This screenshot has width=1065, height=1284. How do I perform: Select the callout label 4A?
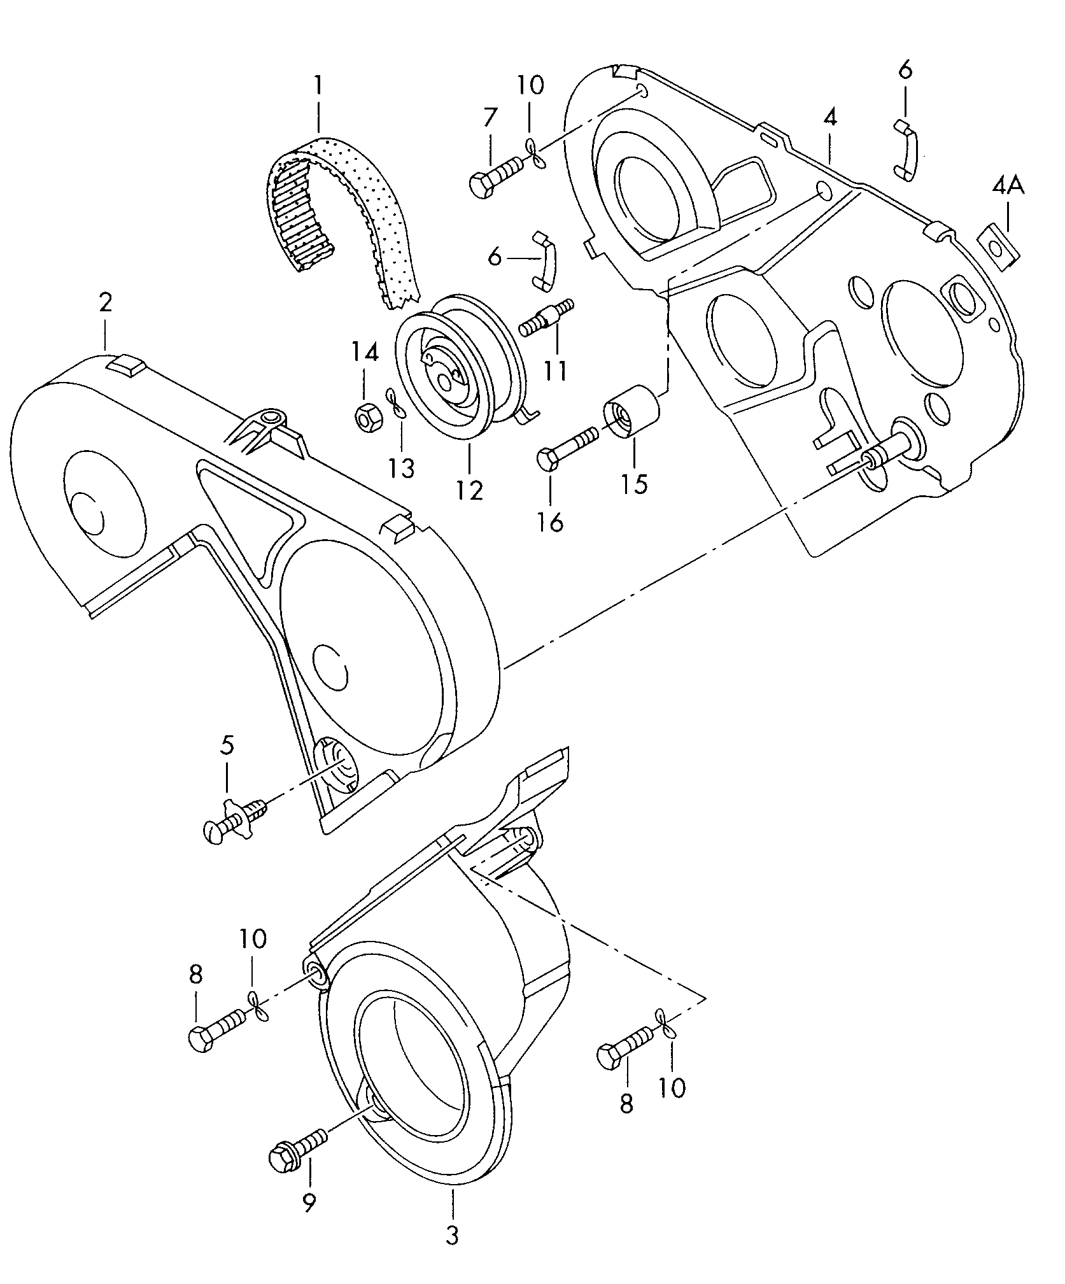click(x=1007, y=187)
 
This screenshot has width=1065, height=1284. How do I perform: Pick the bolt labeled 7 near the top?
click(x=495, y=174)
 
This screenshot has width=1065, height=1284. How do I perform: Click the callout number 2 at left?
click(x=105, y=302)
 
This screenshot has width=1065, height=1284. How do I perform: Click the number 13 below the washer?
click(x=402, y=469)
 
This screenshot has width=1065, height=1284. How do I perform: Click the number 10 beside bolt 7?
click(x=530, y=85)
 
